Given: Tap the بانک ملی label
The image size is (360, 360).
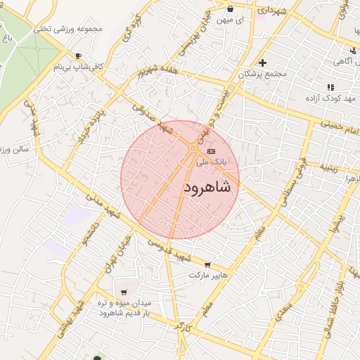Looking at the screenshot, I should [213, 162].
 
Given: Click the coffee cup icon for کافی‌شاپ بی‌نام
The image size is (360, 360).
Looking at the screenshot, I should [78, 56].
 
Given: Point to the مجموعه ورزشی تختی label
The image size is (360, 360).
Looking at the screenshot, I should [67, 29].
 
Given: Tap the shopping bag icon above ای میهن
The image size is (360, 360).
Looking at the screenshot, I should [231, 9].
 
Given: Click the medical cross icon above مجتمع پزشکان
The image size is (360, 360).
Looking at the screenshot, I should [263, 63].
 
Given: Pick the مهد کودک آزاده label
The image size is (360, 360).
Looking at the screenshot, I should [330, 99].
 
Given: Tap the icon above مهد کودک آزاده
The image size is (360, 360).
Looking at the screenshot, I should [330, 88].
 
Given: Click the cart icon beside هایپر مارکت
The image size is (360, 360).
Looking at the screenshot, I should [207, 265].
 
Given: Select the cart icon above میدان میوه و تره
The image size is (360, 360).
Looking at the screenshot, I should [124, 292].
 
